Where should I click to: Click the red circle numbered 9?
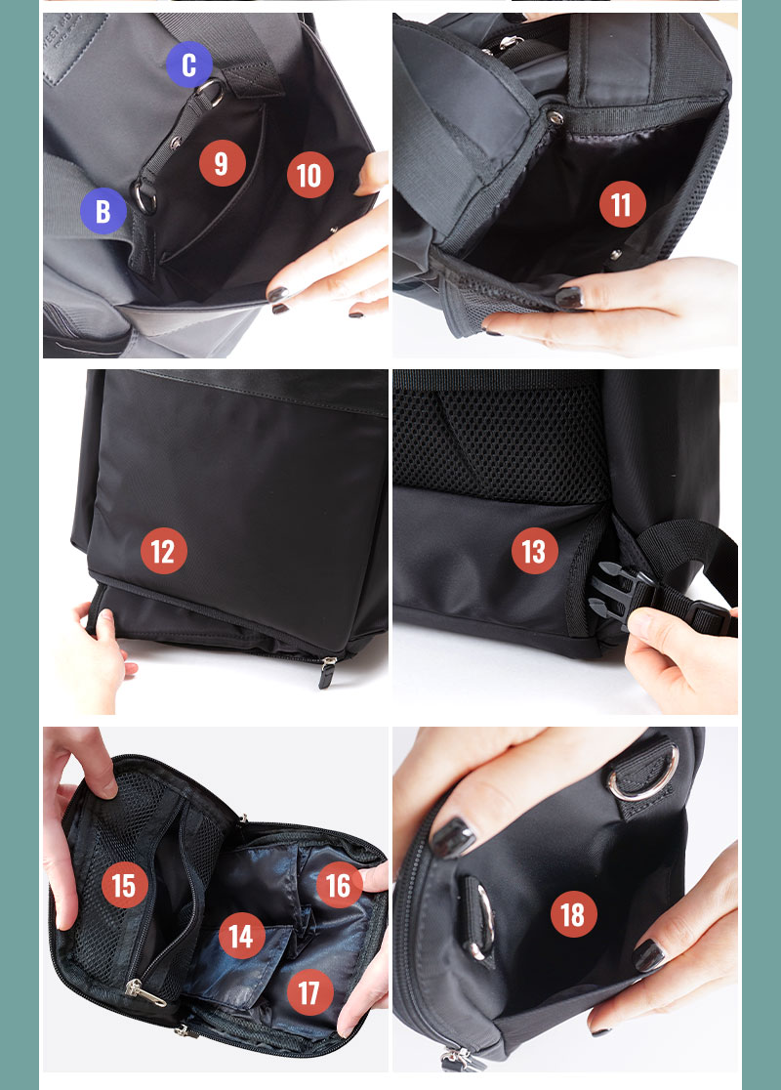(x=222, y=163)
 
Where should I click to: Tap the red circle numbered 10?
(x=309, y=175)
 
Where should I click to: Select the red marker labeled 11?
(x=622, y=204)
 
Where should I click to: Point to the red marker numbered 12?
(x=163, y=551)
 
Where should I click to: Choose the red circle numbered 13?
(x=534, y=551)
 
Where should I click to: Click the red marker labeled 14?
(x=241, y=936)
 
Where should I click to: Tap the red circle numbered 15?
(x=124, y=885)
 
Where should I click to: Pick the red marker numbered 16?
(x=339, y=885)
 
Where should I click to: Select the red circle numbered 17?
(x=309, y=992)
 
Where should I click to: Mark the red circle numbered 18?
(x=573, y=914)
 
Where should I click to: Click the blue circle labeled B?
(x=103, y=211)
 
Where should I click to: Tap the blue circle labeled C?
(x=189, y=64)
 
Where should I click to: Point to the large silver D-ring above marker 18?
(x=642, y=773)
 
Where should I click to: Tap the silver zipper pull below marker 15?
(x=145, y=993)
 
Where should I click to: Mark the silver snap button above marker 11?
(x=555, y=117)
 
